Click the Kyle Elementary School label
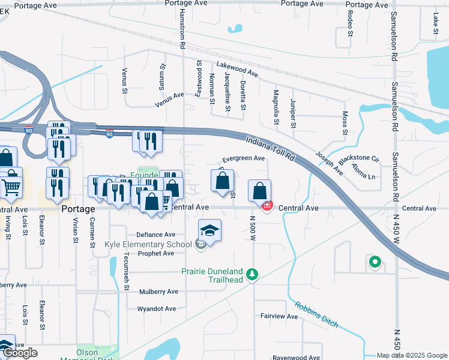coord(148,244)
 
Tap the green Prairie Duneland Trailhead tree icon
coord(253,274)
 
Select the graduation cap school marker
coord(210,230)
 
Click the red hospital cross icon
coord(267,206)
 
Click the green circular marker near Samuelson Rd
coord(375,262)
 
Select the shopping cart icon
coord(10,187)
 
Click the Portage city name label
coord(78,209)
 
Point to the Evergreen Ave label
coord(243,158)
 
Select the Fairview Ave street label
coord(279,316)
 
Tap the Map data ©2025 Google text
coord(412,355)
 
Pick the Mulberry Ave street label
coord(158,292)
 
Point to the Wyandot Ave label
coord(157,309)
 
